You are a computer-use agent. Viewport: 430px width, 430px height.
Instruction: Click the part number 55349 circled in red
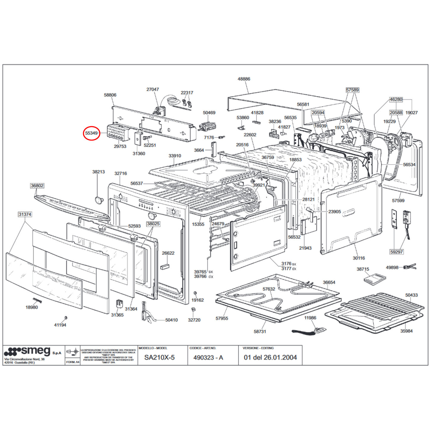click(x=91, y=133)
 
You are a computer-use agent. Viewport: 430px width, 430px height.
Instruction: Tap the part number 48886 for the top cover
click(x=244, y=79)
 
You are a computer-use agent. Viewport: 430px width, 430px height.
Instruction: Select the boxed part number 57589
click(x=352, y=90)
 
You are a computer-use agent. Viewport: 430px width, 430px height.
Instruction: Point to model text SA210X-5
click(x=160, y=357)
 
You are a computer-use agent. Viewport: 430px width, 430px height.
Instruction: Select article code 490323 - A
click(x=208, y=357)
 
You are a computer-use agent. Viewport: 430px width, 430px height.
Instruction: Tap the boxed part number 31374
click(x=25, y=214)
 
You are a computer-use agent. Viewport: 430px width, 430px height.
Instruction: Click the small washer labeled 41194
click(x=66, y=318)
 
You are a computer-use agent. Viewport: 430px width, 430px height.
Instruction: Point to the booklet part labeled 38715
click(x=375, y=279)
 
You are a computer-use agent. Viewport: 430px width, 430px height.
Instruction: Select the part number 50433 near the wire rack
click(x=411, y=295)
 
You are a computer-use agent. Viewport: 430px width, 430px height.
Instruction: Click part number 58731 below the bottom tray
click(x=260, y=332)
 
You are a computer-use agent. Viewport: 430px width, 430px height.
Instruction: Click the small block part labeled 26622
click(x=165, y=266)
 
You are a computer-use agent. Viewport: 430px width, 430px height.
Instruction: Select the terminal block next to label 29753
click(x=118, y=133)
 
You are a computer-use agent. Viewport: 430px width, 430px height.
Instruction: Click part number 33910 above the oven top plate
click(x=175, y=156)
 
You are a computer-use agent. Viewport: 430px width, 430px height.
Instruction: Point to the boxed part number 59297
click(x=396, y=252)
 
